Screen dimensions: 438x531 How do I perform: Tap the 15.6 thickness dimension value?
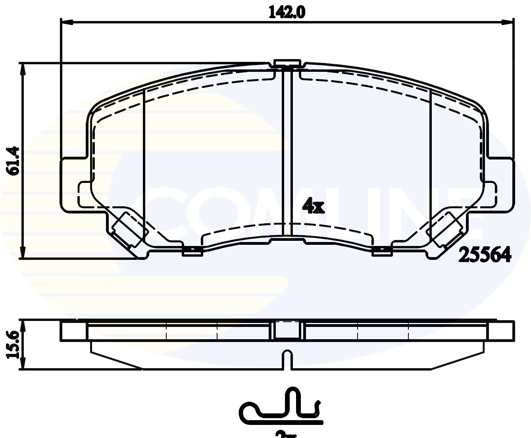[x=13, y=344]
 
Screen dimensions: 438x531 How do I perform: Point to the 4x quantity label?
[x=313, y=206]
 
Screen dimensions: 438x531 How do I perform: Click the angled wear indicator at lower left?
[x=126, y=229]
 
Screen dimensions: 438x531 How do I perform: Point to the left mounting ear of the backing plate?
[x=73, y=184]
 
